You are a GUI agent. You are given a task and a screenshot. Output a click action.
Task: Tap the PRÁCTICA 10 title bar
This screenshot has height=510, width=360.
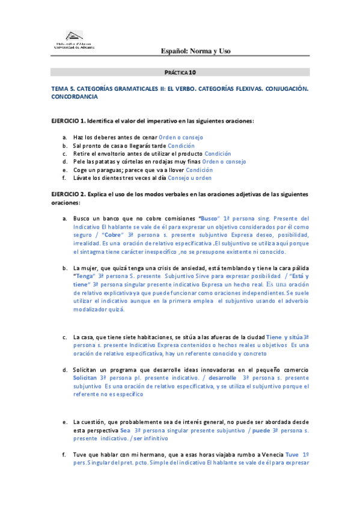point(180,72)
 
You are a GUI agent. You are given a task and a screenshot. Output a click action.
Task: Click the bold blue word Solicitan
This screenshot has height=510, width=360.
point(84,376)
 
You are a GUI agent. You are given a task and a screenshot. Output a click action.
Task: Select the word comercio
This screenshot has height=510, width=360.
point(294,369)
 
